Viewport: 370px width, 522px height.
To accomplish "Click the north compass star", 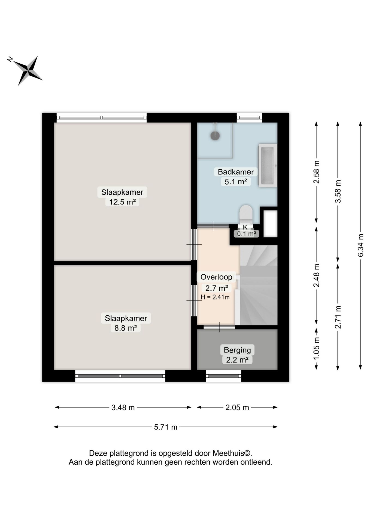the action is click(28, 71).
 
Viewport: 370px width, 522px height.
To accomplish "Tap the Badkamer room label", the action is click(236, 172).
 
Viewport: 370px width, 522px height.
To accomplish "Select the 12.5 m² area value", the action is click(122, 202).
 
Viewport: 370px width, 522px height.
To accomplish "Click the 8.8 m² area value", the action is click(126, 328).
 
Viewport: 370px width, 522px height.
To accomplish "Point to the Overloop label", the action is click(216, 277).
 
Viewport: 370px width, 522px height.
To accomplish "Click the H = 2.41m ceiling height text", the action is click(215, 297).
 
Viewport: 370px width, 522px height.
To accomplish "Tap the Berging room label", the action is click(237, 350).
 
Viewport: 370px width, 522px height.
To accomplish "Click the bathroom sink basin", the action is click(267, 166).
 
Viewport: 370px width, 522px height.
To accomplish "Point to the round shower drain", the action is click(215, 135).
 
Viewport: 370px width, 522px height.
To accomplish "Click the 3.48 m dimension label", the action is click(123, 408).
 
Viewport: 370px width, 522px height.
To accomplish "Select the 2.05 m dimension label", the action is click(237, 408).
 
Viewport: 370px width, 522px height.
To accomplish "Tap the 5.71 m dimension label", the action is click(166, 427).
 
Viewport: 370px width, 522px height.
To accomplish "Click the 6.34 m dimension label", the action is click(361, 245).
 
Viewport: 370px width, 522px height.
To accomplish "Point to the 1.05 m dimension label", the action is click(317, 349).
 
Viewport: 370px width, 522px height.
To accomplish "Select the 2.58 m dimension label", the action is click(317, 172).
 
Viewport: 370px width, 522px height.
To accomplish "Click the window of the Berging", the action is click(223, 376).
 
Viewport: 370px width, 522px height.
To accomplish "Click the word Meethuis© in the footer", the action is click(232, 453).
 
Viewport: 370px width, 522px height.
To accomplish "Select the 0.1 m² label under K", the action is click(246, 234).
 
